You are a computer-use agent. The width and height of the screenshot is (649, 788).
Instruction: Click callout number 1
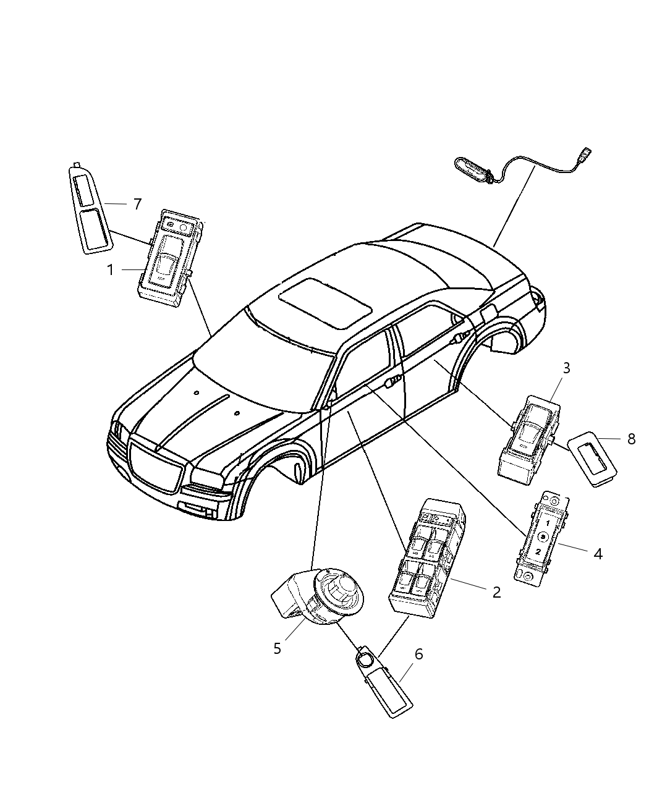coord(110,270)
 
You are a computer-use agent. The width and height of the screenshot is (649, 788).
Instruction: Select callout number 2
coord(496,591)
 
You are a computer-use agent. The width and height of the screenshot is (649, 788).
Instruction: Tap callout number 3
coord(566,368)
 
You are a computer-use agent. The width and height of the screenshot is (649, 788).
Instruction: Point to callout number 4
coord(598,554)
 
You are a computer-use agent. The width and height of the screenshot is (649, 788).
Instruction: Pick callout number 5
coord(277,648)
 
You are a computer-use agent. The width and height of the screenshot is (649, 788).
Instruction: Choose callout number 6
coord(418,654)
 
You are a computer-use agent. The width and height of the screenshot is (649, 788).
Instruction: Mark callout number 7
coord(137,204)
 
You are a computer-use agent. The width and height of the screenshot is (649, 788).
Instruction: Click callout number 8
coord(631,439)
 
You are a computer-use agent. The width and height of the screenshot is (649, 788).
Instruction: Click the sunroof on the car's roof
coord(325,303)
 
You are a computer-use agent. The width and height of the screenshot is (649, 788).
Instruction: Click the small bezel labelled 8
coord(592,459)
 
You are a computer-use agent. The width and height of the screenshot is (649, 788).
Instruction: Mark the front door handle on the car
coord(391,383)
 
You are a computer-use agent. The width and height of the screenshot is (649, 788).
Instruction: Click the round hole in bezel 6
coord(366,669)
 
